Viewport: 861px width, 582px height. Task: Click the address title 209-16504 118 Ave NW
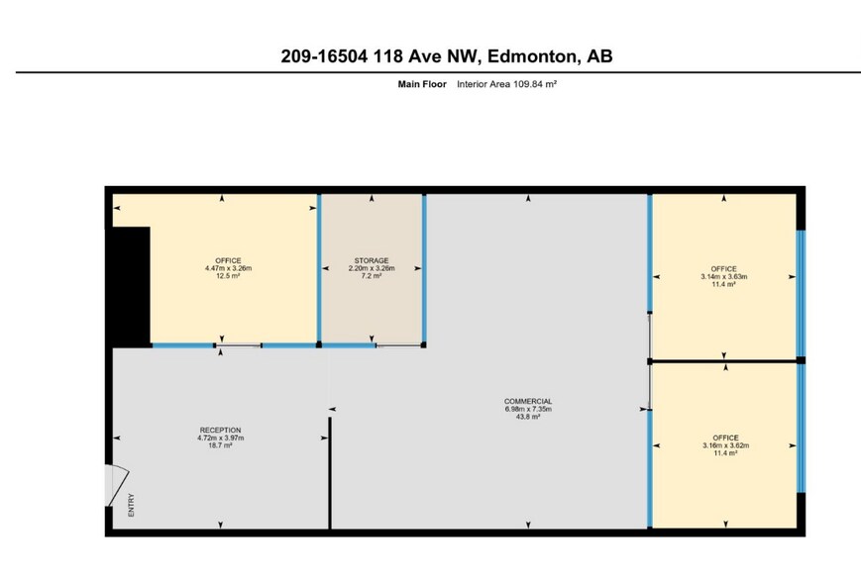[447, 56]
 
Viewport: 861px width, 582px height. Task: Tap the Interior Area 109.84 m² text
[506, 85]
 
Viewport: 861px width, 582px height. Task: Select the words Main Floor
[422, 85]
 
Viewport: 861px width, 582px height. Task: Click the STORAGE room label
[372, 260]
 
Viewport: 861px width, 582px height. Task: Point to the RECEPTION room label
[221, 430]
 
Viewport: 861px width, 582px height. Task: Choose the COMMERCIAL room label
[528, 401]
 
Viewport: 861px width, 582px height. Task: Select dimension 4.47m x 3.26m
[228, 268]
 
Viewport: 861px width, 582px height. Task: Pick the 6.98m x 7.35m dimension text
[528, 409]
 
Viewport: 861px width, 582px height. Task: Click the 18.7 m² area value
[221, 445]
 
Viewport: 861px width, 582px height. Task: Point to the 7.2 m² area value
[372, 276]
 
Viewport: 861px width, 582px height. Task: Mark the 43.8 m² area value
[528, 417]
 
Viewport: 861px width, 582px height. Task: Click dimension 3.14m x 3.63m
[724, 276]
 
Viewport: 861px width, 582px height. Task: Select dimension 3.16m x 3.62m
[725, 444]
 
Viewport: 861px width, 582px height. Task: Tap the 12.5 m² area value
[228, 276]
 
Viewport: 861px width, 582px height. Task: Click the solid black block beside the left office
[131, 286]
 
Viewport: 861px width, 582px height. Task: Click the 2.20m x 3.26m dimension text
[372, 268]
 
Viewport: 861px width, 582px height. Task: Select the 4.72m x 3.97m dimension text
[221, 437]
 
